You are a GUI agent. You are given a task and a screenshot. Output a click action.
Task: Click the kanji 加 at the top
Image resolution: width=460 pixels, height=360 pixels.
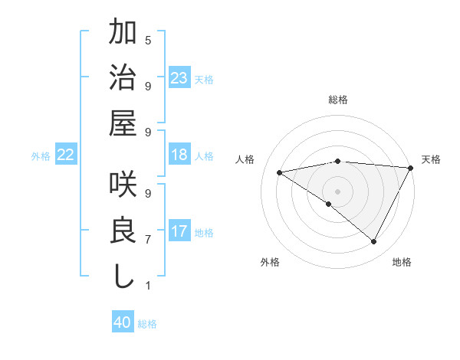[123, 35]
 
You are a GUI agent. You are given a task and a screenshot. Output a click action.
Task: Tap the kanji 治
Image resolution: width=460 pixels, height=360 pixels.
[123, 80]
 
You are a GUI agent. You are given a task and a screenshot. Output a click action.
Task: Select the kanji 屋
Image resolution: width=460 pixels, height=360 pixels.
[123, 123]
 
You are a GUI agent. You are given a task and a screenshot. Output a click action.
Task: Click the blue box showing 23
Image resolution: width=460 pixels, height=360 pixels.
[179, 78]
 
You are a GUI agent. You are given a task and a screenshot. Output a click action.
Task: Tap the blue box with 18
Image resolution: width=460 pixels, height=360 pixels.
[179, 155]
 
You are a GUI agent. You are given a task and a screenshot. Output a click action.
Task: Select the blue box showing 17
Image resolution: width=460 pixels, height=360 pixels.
[179, 231]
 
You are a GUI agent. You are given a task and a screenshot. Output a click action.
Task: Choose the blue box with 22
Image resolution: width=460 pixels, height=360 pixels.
[66, 155]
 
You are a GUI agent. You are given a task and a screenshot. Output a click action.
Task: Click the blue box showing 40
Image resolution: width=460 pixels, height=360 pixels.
[123, 322]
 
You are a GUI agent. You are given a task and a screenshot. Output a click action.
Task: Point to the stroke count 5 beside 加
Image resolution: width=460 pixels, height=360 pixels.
[148, 40]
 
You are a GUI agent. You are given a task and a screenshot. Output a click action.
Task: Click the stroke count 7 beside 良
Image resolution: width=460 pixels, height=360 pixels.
[148, 240]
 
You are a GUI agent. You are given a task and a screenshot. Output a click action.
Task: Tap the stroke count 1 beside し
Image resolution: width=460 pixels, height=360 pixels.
[148, 286]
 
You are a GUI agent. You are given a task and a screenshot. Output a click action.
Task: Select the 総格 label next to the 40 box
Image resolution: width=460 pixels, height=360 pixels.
[147, 324]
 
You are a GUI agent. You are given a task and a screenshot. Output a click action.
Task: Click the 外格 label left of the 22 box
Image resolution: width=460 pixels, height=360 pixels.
[41, 156]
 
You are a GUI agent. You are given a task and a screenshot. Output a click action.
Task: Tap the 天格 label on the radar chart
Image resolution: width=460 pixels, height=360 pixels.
[431, 159]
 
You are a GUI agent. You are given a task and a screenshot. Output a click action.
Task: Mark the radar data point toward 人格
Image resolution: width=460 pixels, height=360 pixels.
[280, 172]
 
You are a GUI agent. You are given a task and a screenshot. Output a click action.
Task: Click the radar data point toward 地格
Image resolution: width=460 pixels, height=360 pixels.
[373, 242]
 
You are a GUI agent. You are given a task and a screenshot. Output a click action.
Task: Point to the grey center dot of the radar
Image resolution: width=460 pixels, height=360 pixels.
[337, 190]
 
